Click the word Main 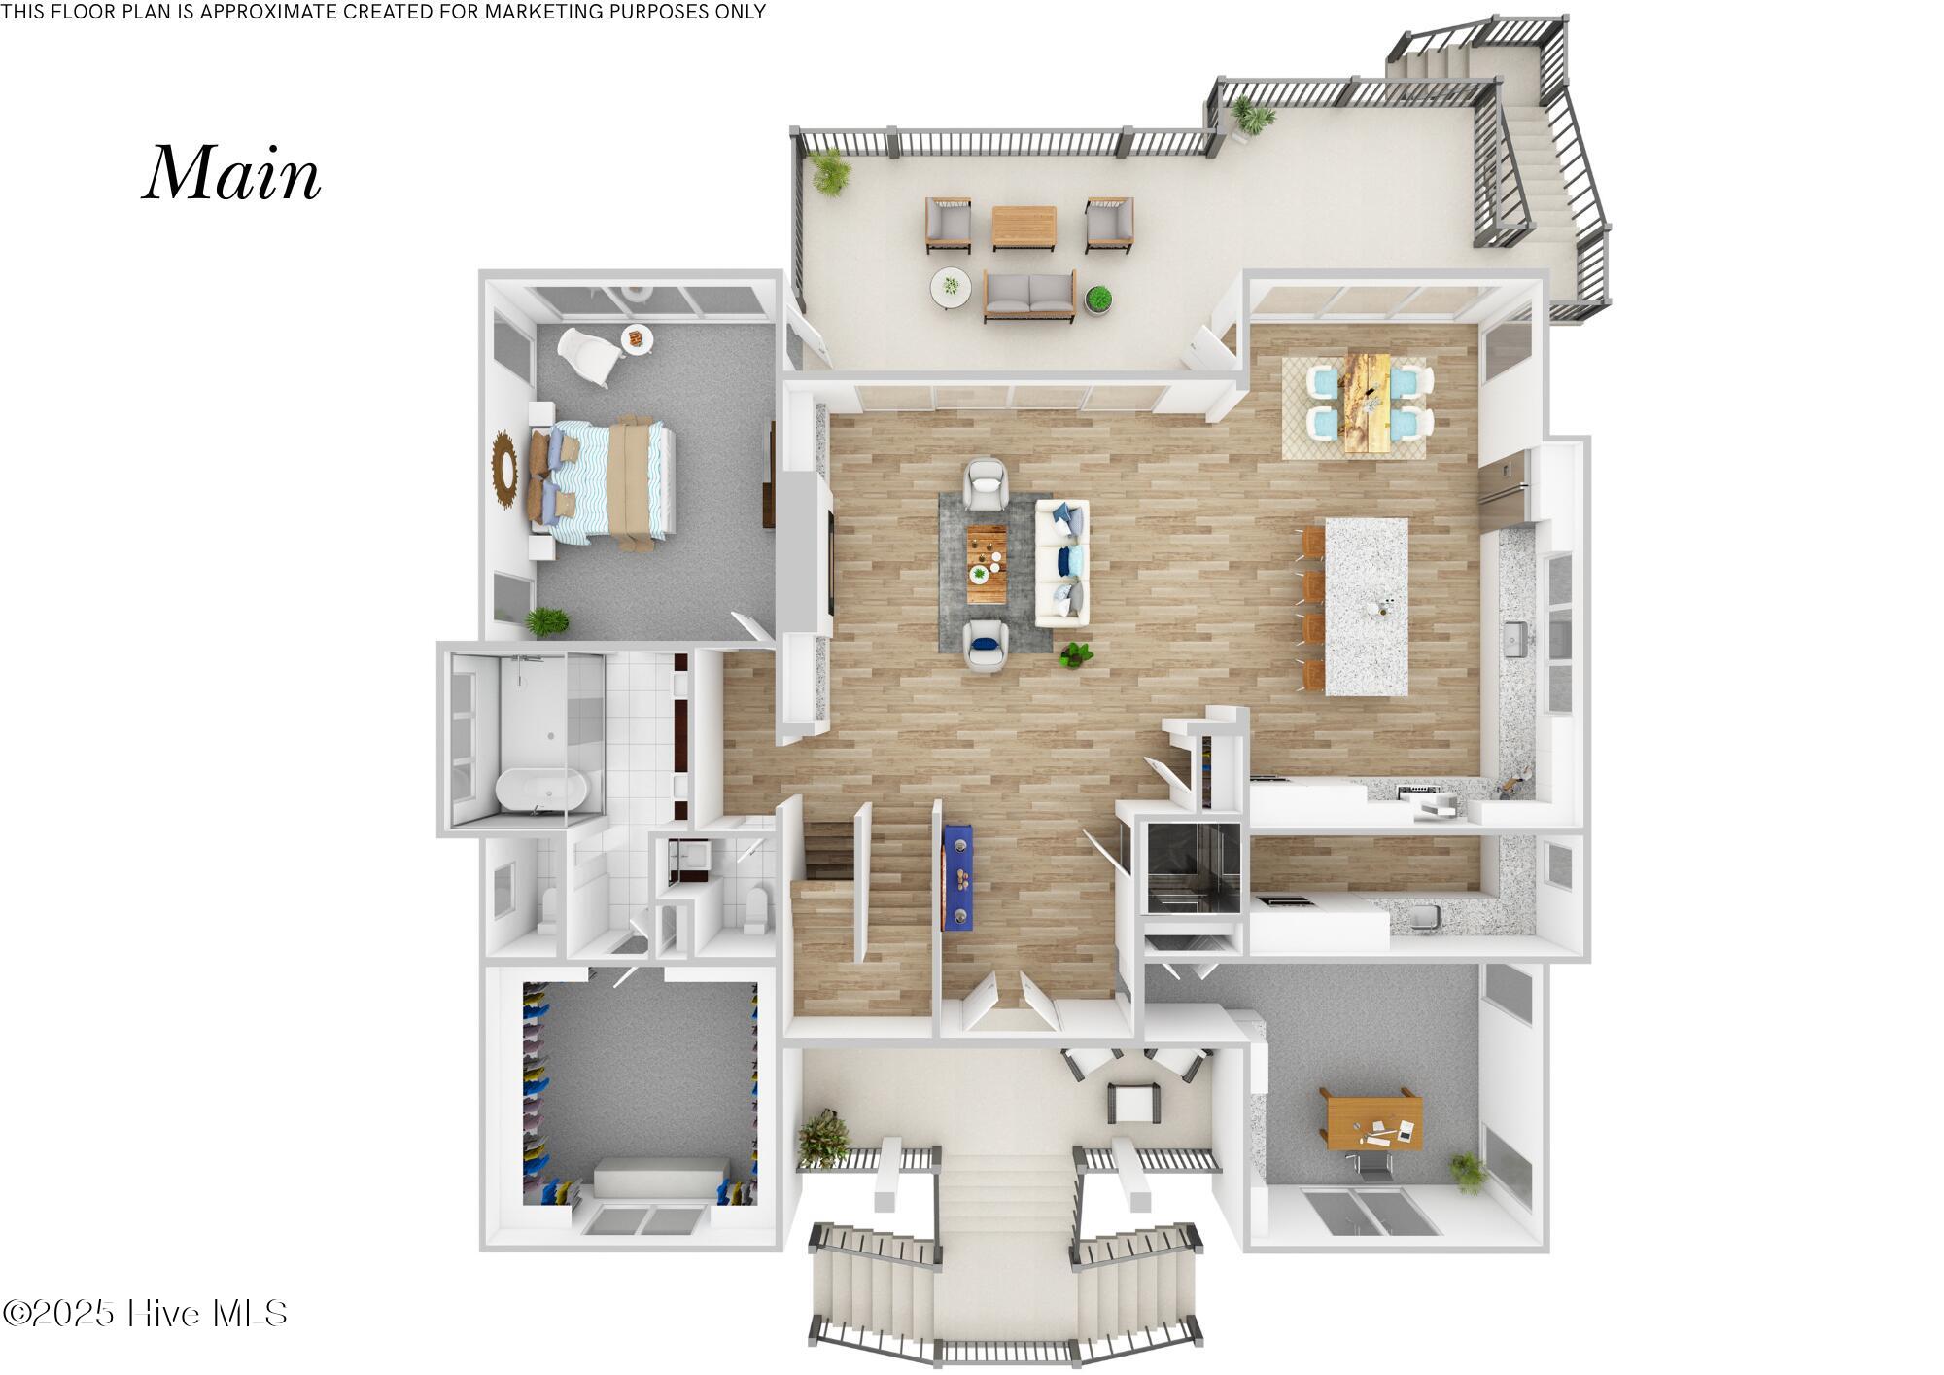[231, 174]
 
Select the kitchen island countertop [1367, 605]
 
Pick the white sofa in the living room [1061, 563]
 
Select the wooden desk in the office [1371, 1119]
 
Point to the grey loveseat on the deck [1029, 296]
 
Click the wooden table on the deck [1024, 226]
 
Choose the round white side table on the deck [950, 287]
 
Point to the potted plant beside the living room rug [1075, 653]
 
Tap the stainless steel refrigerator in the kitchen [1503, 483]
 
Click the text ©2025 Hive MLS [146, 1314]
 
